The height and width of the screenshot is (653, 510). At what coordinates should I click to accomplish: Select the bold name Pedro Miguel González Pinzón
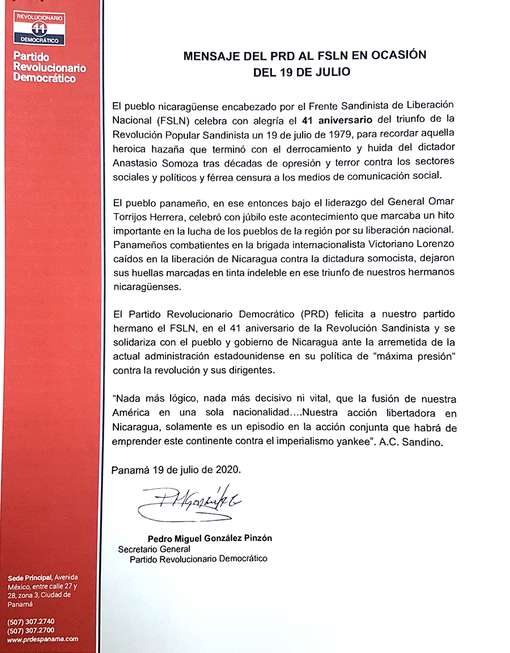[x=210, y=538]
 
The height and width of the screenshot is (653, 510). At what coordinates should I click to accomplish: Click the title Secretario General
[x=154, y=549]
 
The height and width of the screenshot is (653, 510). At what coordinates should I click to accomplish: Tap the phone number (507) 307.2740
[x=31, y=621]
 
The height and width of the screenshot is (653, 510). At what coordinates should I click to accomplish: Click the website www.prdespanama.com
[x=42, y=639]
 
